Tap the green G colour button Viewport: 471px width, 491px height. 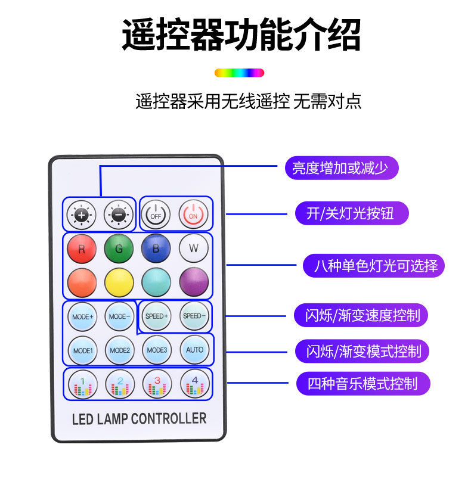click(x=119, y=248)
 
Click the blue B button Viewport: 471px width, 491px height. click(x=156, y=248)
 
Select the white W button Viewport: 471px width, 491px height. click(x=194, y=248)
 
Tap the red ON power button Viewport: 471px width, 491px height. click(x=194, y=214)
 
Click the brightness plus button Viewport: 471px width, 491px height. click(x=82, y=214)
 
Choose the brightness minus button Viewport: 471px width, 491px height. click(x=119, y=214)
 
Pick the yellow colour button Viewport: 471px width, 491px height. click(x=119, y=282)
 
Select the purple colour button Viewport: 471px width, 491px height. click(x=194, y=282)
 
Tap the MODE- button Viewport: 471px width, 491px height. click(x=119, y=316)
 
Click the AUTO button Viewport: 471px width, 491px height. click(x=194, y=350)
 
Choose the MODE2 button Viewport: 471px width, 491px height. click(x=119, y=350)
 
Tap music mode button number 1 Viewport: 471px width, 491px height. click(x=82, y=384)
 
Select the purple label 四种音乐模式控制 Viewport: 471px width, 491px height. click(x=362, y=383)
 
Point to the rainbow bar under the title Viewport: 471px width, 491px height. click(x=239, y=73)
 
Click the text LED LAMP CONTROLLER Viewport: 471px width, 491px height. click(x=139, y=418)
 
